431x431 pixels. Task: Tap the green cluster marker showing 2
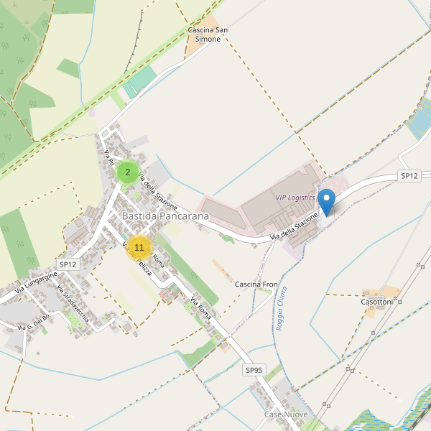tap(128, 172)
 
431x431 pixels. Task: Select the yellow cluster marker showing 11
tap(139, 248)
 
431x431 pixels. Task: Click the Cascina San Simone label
tap(208, 34)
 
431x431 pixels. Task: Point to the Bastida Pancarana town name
tap(165, 215)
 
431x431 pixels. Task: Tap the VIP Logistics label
tap(295, 198)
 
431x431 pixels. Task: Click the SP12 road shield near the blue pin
tap(409, 175)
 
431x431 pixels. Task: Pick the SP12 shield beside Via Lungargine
tap(68, 264)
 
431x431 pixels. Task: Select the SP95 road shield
tap(254, 370)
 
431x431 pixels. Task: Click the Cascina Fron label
tap(256, 284)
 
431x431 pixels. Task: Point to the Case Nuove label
tap(286, 415)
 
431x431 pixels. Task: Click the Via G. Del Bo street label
tap(34, 321)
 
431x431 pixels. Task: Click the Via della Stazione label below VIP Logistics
tap(294, 227)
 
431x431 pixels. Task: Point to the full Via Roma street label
tap(200, 307)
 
